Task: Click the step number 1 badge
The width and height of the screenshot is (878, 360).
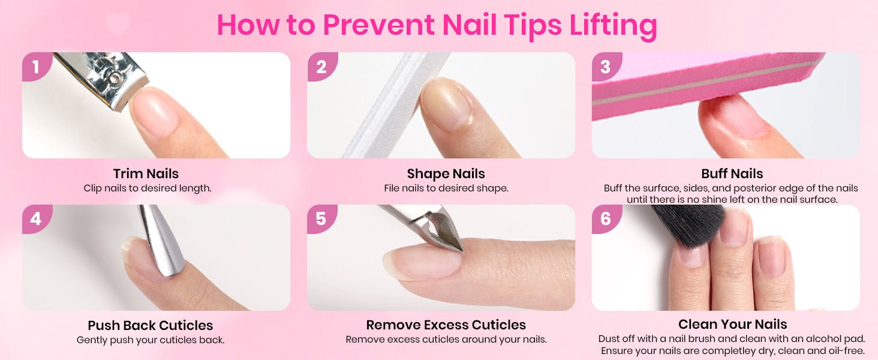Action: (36, 66)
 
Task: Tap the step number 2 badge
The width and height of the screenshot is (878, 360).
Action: (321, 66)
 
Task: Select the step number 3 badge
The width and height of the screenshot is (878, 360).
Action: (606, 66)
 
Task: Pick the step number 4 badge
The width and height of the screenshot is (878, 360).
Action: (36, 218)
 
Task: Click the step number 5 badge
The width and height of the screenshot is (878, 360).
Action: (321, 218)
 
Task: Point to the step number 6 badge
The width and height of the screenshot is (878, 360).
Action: (606, 218)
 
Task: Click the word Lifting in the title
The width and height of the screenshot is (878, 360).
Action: (613, 25)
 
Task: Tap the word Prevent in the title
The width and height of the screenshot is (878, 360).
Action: (378, 25)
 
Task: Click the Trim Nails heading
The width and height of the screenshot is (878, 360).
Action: (146, 173)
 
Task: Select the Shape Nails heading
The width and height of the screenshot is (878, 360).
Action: (446, 174)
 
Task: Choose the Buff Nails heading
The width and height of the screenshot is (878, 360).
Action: (732, 173)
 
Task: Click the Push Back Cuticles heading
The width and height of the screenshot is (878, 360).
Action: (150, 325)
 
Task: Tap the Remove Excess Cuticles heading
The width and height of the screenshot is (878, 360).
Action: (446, 325)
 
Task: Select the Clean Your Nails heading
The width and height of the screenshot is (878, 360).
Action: (733, 324)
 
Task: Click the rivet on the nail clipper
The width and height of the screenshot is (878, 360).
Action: (115, 79)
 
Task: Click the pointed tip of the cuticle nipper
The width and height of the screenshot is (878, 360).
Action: (461, 250)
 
